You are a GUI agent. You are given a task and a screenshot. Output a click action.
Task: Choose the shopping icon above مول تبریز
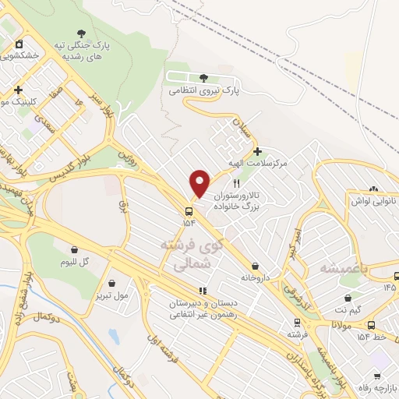click(x=113, y=283)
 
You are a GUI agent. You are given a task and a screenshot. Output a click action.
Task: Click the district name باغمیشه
click(x=343, y=267)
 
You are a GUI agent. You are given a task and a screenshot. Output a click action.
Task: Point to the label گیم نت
click(x=346, y=310)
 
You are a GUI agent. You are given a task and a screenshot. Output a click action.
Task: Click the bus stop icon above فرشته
click(x=296, y=322)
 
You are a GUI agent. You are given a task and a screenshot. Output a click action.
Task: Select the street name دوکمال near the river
click(x=46, y=317)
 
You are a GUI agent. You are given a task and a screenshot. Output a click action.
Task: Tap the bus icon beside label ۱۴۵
click(x=397, y=276)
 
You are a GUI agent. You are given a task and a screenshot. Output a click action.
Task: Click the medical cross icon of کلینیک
click(x=18, y=90)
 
